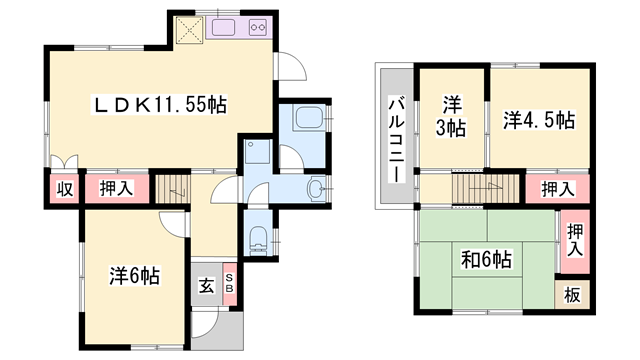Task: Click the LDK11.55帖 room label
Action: [159, 102]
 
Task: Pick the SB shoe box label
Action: [229, 284]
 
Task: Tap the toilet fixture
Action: [258, 238]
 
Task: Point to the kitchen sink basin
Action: [221, 26]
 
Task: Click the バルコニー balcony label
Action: [396, 139]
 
